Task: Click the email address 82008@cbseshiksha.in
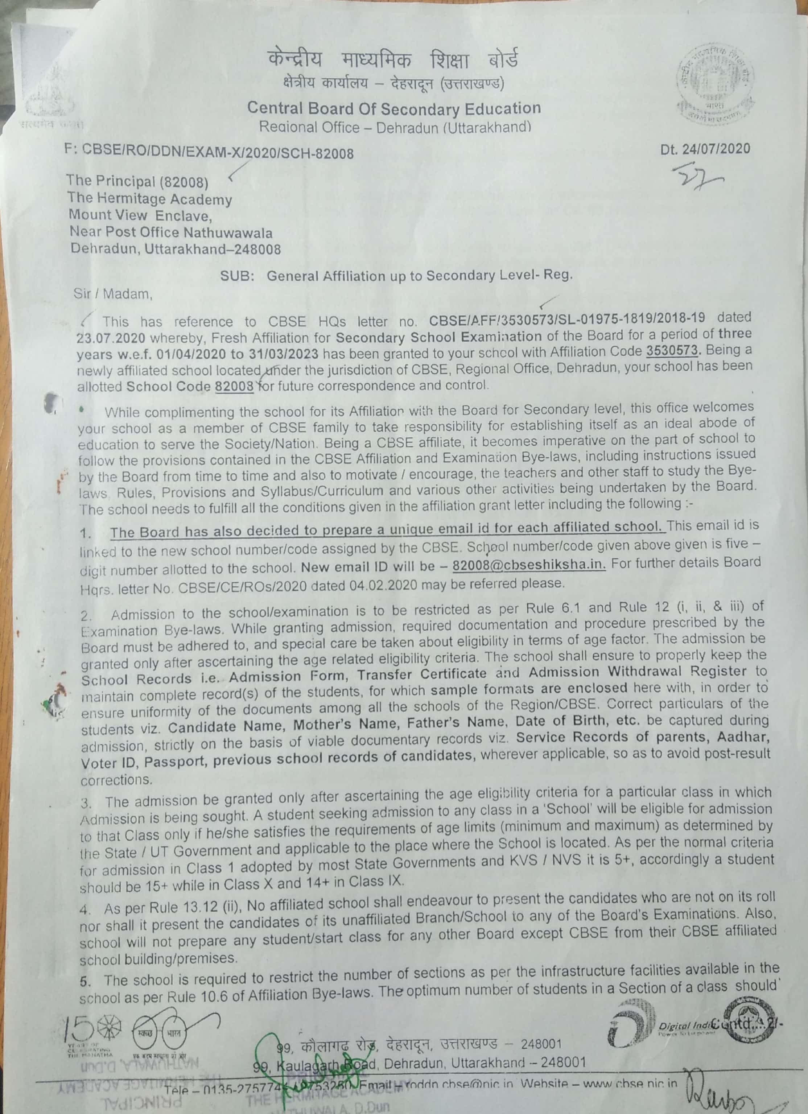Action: [x=528, y=565]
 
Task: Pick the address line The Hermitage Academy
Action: [x=149, y=199]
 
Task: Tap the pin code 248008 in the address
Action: [x=258, y=249]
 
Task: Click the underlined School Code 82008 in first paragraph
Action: [x=234, y=386]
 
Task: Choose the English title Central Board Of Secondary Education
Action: [x=393, y=108]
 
